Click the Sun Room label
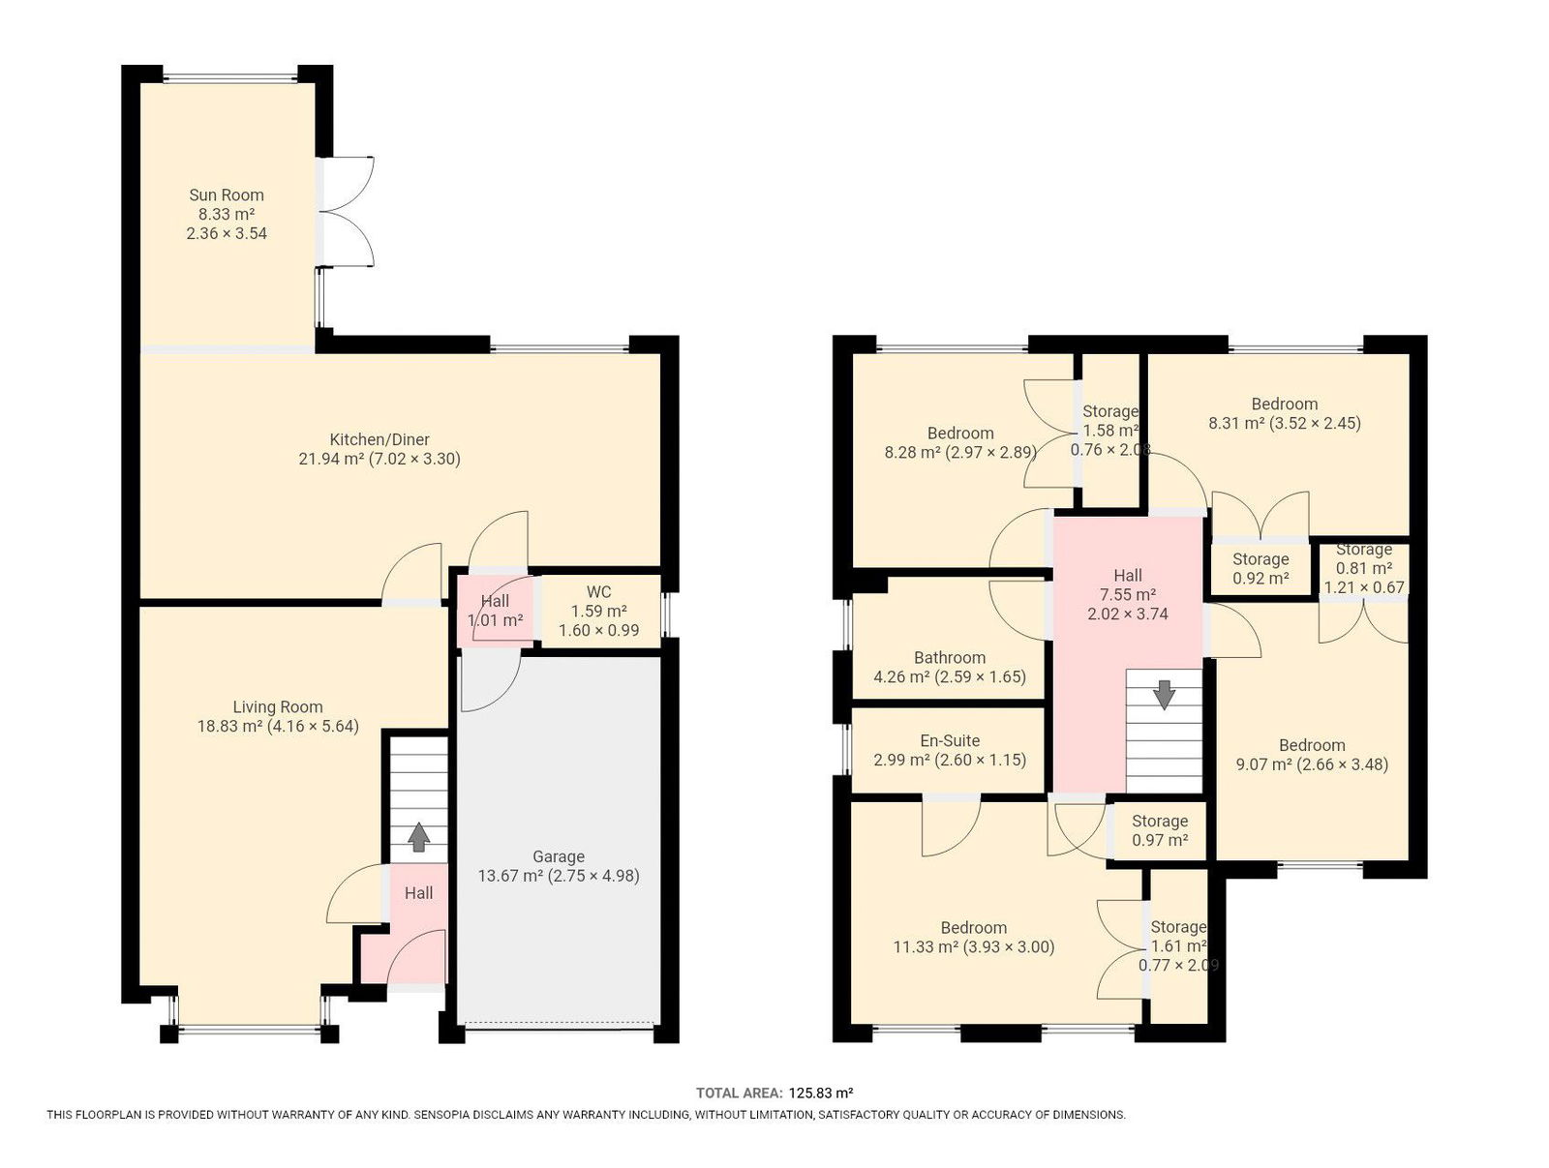(227, 195)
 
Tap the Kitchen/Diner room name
(380, 439)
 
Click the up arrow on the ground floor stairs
(419, 836)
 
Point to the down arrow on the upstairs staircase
(1164, 695)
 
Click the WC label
(598, 592)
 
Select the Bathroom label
(950, 657)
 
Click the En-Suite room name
(950, 740)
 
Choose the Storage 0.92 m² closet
(1260, 569)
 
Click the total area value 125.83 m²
(821, 1093)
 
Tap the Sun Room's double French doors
(346, 212)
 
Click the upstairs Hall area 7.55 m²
(1128, 594)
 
